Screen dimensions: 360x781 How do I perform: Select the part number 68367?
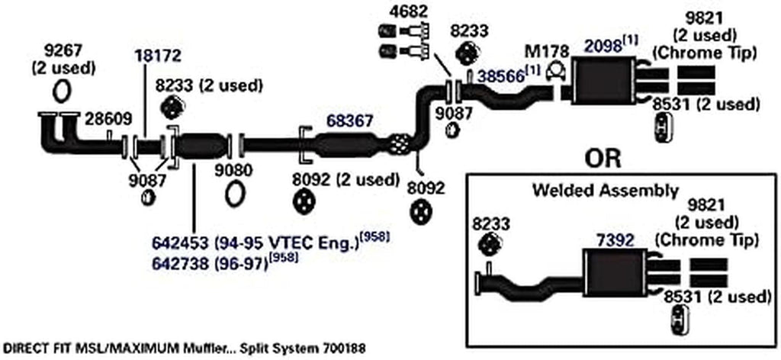(350, 121)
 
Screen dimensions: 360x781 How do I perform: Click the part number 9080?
(234, 169)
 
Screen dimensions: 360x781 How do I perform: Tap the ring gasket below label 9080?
(235, 194)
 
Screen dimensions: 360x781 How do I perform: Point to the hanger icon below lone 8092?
(420, 211)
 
